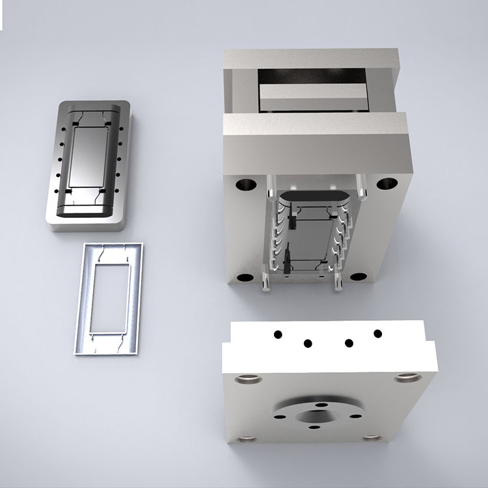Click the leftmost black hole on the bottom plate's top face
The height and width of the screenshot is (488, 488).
(x=278, y=334)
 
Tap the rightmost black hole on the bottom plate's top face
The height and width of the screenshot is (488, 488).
(x=377, y=334)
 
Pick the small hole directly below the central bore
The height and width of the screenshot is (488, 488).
(x=314, y=428)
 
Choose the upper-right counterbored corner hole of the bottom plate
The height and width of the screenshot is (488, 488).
(x=408, y=377)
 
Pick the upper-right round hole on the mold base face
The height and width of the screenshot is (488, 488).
(x=386, y=183)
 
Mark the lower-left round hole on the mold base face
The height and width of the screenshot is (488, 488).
(x=245, y=278)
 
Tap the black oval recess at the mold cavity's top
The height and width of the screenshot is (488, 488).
(x=318, y=198)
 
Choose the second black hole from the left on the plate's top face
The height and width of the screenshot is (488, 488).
(x=308, y=343)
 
